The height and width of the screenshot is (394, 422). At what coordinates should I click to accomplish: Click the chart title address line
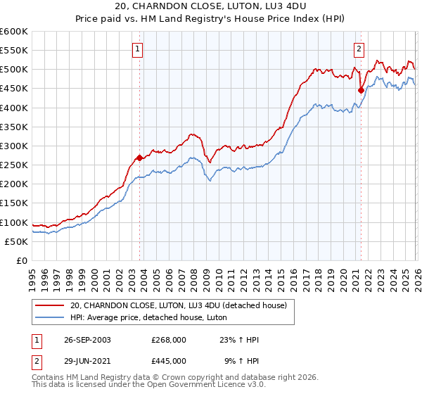[x=211, y=6]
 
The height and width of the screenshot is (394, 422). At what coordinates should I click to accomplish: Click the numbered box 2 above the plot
[x=359, y=49]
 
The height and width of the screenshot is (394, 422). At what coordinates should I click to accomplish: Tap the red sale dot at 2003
[x=139, y=158]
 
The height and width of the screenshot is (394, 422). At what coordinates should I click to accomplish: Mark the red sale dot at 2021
[x=361, y=90]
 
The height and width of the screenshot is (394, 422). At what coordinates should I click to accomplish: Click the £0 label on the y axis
[x=22, y=260]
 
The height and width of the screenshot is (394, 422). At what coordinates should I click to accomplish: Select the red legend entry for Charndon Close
[x=178, y=306]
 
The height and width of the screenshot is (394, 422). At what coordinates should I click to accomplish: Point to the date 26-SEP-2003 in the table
[x=85, y=340]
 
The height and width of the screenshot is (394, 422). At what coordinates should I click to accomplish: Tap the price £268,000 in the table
[x=168, y=340]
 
